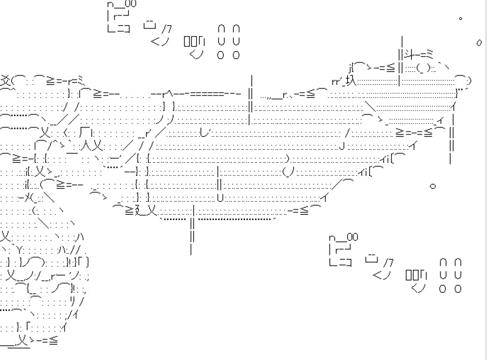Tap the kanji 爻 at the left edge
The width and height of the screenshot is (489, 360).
coord(5,80)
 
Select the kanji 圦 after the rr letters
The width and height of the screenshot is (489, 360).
coord(351,81)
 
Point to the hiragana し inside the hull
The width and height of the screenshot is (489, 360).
coord(204,131)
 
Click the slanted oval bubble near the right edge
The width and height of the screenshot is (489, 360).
coord(478,42)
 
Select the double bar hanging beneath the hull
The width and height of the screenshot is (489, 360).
coord(193,230)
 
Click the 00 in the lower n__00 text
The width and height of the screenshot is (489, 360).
coord(352,237)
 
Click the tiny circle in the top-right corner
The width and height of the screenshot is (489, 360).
coord(461,18)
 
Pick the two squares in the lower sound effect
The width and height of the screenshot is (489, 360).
coord(411,275)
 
